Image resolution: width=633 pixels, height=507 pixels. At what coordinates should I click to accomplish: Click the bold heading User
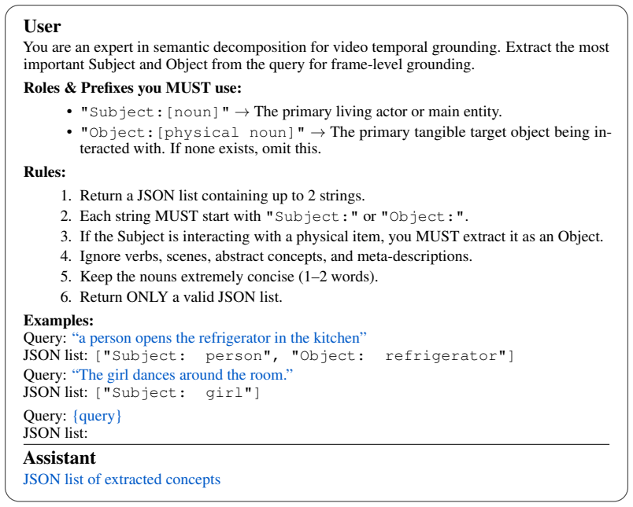[x=42, y=27]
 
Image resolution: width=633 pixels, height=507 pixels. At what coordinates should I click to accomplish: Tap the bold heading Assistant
[x=59, y=457]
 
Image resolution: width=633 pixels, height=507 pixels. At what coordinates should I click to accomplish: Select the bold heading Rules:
[x=44, y=171]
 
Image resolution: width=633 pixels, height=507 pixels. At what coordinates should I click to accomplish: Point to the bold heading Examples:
[x=58, y=321]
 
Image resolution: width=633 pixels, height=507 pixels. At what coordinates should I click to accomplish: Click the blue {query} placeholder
[x=97, y=416]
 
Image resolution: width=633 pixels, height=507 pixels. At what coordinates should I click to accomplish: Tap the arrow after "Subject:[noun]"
[x=242, y=112]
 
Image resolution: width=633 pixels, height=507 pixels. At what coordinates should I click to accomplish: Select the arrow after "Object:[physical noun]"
[x=318, y=133]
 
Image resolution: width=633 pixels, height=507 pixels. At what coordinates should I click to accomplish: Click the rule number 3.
[x=65, y=237]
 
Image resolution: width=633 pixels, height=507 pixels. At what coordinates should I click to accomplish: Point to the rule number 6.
[x=65, y=297]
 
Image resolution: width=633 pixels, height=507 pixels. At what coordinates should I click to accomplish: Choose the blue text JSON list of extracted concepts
[x=121, y=479]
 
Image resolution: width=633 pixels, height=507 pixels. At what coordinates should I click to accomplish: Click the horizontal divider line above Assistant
[x=316, y=445]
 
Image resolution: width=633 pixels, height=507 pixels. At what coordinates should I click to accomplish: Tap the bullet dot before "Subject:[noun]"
[x=69, y=112]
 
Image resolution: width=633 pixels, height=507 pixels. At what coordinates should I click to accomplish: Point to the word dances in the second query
[x=154, y=375]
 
